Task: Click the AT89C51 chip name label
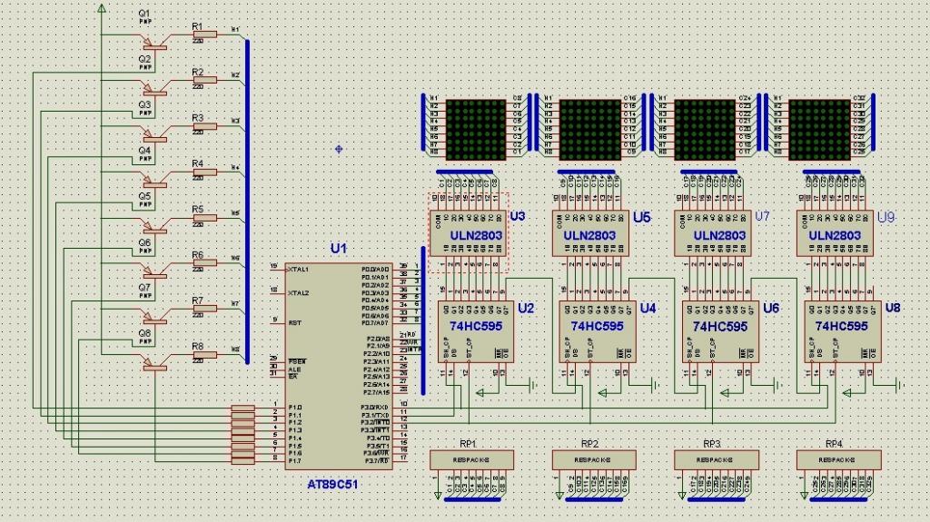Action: click(334, 487)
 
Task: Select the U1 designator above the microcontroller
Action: click(339, 248)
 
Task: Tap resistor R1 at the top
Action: click(205, 34)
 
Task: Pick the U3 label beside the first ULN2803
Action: click(518, 216)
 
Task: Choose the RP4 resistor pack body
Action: click(839, 460)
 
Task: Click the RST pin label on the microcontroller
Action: click(295, 322)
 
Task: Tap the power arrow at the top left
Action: click(101, 7)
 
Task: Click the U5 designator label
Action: click(642, 218)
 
